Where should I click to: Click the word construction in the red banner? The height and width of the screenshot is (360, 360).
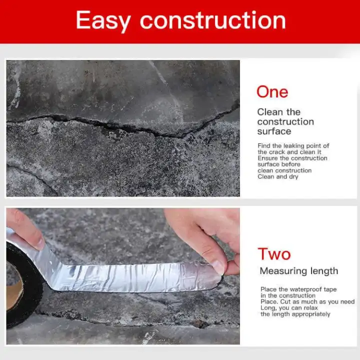tap(213, 20)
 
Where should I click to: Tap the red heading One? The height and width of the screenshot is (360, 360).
tap(272, 92)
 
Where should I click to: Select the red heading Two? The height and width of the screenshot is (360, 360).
tap(274, 254)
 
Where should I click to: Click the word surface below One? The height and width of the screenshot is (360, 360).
tap(274, 131)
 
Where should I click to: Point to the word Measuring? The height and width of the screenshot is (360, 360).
tap(283, 271)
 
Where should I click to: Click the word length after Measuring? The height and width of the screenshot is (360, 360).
tap(324, 271)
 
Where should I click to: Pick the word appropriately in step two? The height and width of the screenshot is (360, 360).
tap(312, 314)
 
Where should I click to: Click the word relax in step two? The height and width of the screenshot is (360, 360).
tap(310, 308)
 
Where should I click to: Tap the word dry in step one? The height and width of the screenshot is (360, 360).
tap(293, 177)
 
